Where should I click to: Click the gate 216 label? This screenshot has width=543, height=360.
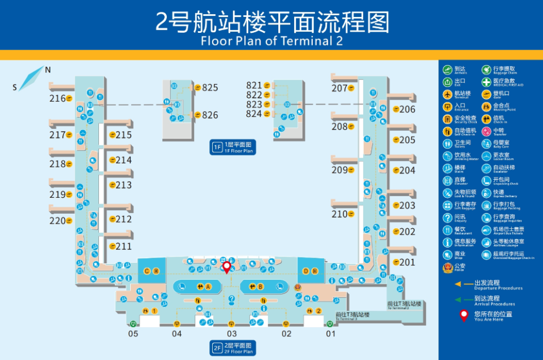57,98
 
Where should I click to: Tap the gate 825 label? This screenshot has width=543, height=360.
210,88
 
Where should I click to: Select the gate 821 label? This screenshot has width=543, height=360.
254,86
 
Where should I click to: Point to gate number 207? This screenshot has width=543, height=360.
339,88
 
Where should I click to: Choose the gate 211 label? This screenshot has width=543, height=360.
123,246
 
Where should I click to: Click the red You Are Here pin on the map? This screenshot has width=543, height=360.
227,267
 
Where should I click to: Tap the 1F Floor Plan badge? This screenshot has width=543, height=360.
233,148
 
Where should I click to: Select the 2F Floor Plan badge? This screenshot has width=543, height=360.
233,348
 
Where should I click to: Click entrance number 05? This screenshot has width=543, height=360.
133,334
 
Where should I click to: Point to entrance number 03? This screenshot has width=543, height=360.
231,334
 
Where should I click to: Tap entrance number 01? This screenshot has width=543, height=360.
330,334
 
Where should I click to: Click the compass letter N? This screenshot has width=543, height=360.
48,70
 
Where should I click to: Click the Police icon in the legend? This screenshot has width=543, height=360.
447,268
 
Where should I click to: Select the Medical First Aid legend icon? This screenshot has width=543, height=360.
486,82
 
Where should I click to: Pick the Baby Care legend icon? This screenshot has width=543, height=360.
486,144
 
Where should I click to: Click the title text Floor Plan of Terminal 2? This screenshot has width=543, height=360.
271,41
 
